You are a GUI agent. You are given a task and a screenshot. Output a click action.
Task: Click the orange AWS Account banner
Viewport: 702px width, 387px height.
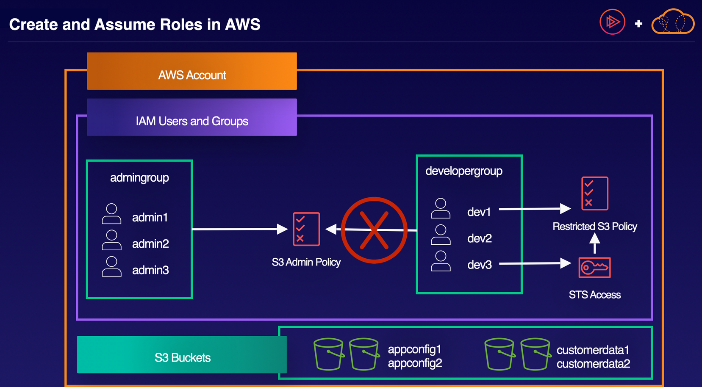coord(191,71)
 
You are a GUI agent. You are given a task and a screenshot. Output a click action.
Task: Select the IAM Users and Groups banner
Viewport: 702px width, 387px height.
coord(191,117)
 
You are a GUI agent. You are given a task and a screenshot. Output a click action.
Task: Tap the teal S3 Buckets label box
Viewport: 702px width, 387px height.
coord(182,354)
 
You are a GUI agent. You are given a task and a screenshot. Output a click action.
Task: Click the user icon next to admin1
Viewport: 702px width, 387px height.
coord(111,214)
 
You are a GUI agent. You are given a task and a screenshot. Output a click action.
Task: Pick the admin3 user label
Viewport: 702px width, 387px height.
coord(150,270)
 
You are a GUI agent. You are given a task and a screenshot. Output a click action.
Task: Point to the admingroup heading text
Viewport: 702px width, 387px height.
coord(139,178)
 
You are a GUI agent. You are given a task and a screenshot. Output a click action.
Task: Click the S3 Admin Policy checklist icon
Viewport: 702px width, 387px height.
coord(306,229)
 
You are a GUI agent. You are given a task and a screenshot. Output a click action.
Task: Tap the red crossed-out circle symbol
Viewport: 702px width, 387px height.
coord(374,230)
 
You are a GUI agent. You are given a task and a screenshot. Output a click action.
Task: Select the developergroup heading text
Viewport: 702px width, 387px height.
coord(464,171)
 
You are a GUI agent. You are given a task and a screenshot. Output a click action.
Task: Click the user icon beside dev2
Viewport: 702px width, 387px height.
coord(441,235)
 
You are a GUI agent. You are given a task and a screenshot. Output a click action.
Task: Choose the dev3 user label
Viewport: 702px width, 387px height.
coord(479,265)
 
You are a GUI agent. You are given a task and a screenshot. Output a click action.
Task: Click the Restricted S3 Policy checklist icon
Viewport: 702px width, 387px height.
coord(594,193)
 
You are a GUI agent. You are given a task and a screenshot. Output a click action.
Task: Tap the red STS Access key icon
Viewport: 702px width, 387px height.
coord(594,268)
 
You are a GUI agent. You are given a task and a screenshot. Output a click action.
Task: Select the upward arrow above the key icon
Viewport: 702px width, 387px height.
coord(595,243)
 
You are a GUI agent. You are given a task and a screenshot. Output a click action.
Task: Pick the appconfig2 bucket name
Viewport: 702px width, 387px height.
coord(415,363)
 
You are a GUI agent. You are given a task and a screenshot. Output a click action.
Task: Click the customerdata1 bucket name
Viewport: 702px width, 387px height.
coord(593,350)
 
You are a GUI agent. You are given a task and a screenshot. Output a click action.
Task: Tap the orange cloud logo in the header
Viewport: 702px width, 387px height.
coord(672,22)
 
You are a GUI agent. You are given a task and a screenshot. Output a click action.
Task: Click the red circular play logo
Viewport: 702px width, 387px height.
coord(612,22)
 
